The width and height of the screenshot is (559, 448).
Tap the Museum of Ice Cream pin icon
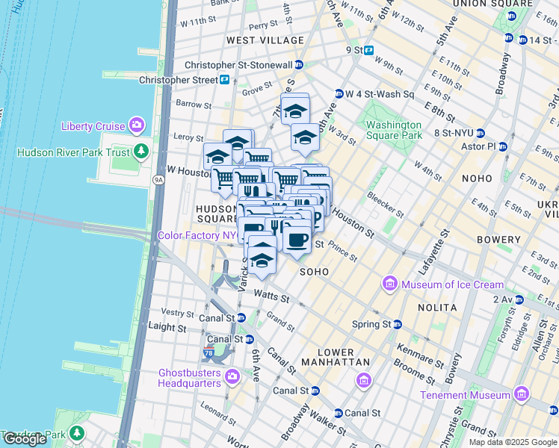pos(390,284)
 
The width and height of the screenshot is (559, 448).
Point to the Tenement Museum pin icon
pos(522,394)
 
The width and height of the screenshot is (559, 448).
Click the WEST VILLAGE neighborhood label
pos(265,40)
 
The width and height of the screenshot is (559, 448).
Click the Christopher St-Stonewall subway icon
pos(299,65)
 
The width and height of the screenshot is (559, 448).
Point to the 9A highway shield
pos(158,179)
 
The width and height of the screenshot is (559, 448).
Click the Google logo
pos(25,439)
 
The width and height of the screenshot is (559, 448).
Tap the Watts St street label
pos(271,297)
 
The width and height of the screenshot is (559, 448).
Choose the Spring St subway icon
pos(398,324)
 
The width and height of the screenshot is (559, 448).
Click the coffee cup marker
pos(297,240)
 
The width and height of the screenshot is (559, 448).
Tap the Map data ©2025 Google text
pos(513,442)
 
